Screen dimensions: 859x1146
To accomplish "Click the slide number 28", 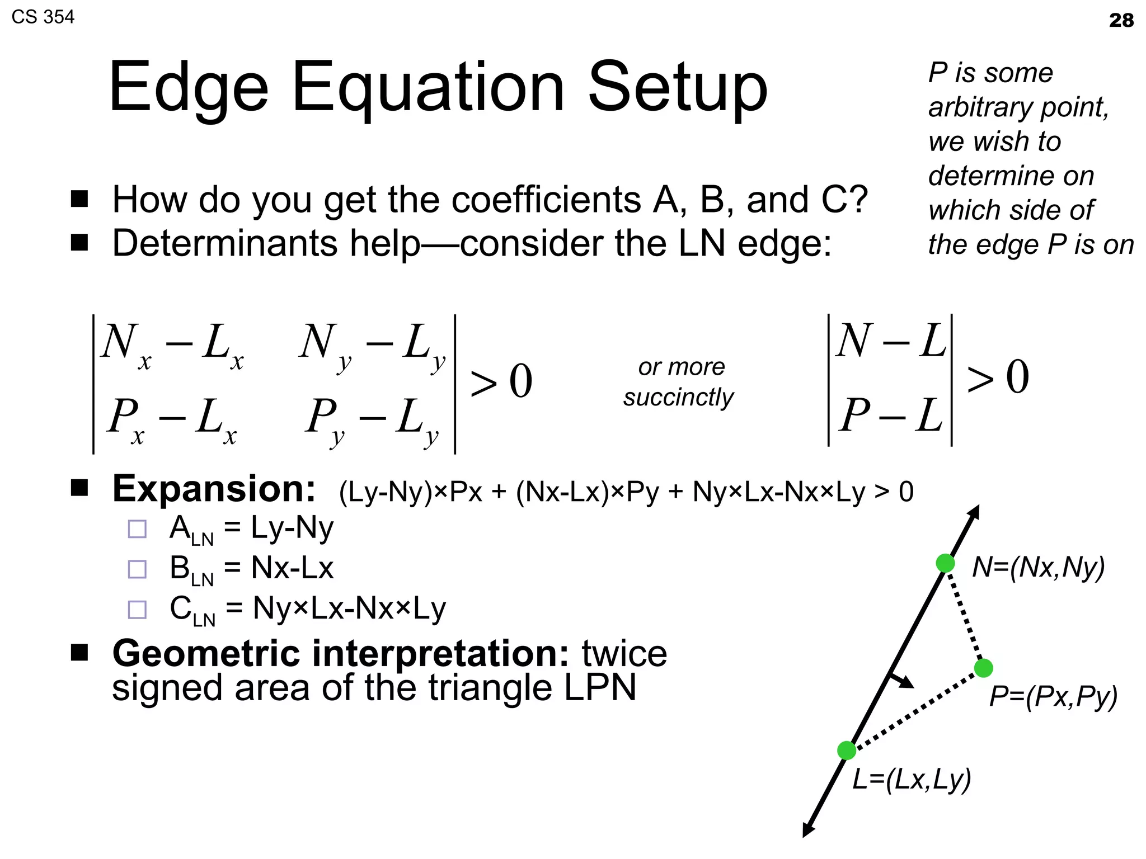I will [x=1121, y=21].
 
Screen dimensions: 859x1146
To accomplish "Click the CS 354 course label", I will [x=43, y=17].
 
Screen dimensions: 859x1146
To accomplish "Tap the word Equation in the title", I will [x=428, y=88].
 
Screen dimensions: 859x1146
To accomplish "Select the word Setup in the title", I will [x=678, y=88].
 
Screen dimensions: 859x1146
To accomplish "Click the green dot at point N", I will [x=945, y=563].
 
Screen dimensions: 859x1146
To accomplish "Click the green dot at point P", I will [x=983, y=668].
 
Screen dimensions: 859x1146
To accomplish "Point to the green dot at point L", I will [x=847, y=751].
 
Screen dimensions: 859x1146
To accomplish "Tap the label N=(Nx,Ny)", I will [x=1039, y=567].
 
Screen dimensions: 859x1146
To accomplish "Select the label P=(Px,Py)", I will [x=1053, y=697].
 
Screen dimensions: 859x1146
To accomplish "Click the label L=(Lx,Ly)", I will [x=912, y=779].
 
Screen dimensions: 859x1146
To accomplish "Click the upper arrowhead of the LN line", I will [x=974, y=512].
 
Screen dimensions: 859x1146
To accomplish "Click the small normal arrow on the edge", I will [x=902, y=681].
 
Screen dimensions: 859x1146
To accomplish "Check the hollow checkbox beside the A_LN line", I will [x=137, y=529].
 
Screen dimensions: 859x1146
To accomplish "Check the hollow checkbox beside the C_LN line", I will [x=137, y=610].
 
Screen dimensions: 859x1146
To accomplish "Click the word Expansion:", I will [x=214, y=489].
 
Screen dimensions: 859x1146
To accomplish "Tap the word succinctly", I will [x=678, y=397].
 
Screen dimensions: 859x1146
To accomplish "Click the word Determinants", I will [x=225, y=243].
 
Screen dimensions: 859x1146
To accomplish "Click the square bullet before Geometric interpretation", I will [x=80, y=653].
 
